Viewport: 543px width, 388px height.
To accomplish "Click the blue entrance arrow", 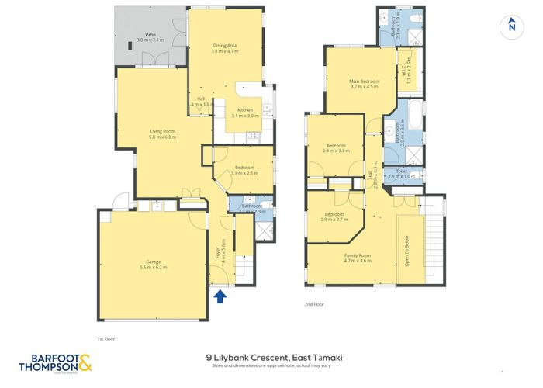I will [x=219, y=296].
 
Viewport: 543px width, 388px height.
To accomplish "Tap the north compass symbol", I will [x=510, y=26].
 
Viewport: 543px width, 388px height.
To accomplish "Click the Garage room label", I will [x=154, y=264].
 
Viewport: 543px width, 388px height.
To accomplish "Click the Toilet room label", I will [x=402, y=173].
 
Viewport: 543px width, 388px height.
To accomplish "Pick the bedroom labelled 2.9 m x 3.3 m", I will [x=336, y=147].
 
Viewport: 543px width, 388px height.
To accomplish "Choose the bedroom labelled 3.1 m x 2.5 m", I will [x=244, y=171].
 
